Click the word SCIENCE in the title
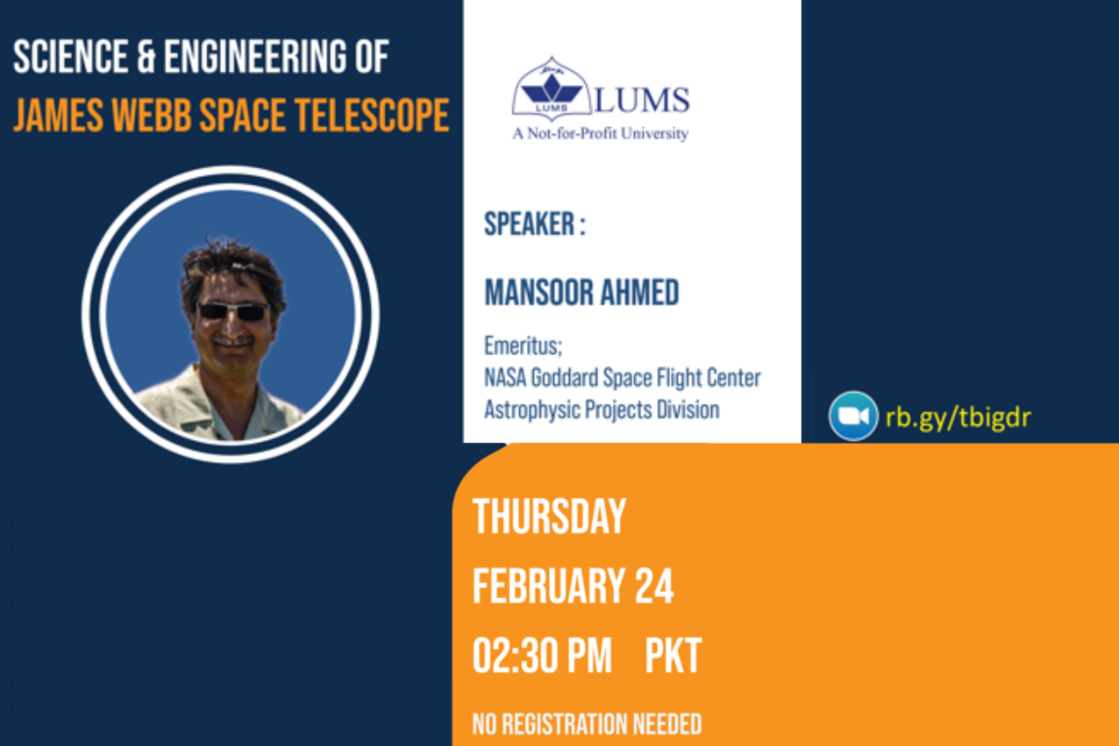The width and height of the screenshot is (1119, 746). click(x=70, y=57)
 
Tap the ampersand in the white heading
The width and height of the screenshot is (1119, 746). click(x=146, y=57)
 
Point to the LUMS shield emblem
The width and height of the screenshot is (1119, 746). click(x=552, y=89)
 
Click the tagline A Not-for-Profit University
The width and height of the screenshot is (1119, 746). click(x=601, y=134)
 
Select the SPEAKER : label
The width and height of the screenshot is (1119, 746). click(x=535, y=224)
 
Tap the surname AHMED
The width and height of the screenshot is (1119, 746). click(x=639, y=292)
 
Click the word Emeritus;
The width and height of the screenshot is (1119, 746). click(x=523, y=345)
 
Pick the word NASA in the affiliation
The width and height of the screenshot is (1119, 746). click(x=505, y=378)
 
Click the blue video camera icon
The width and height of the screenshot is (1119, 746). click(x=853, y=416)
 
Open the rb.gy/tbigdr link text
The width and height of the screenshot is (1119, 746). click(x=958, y=417)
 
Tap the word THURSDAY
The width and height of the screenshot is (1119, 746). click(x=549, y=517)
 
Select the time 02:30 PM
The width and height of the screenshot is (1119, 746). click(x=542, y=656)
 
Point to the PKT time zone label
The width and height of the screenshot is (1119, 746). click(x=674, y=656)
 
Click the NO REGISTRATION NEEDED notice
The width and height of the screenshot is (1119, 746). click(x=587, y=724)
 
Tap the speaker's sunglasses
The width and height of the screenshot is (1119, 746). click(x=233, y=311)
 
